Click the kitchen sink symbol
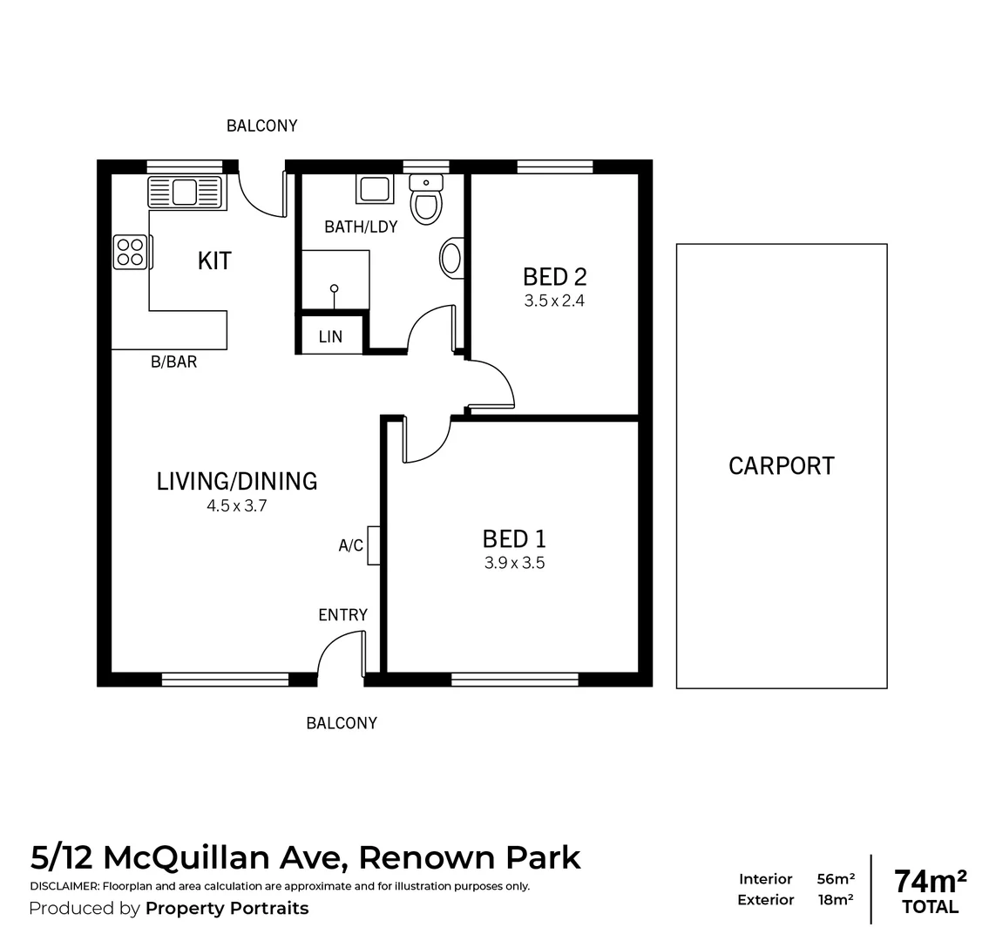186,192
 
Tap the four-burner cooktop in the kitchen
130,253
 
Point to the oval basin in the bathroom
451,259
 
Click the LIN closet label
330,337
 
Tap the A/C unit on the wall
374,545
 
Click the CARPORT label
781,466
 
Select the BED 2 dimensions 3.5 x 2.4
554,301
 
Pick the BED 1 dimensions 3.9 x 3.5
514,563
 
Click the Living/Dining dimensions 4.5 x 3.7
236,504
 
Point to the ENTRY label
342,615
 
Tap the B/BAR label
173,362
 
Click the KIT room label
214,261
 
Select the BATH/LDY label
361,227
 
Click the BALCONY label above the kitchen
261,125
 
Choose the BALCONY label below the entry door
342,723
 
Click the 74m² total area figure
930,881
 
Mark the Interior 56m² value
835,879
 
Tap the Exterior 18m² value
835,900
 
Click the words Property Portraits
227,909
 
